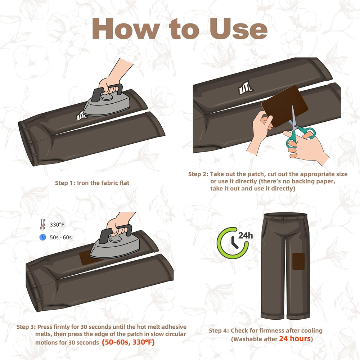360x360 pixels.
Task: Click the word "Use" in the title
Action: pyautogui.click(x=238, y=28)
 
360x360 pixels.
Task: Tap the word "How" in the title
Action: pyautogui.click(x=126, y=28)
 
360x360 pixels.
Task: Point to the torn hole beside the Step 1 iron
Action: pyautogui.click(x=81, y=116)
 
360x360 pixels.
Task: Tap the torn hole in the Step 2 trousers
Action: pyautogui.click(x=245, y=88)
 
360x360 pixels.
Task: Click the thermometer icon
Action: pyautogui.click(x=42, y=224)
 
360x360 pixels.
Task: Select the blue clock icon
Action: pyautogui.click(x=43, y=237)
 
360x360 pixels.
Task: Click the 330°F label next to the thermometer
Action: pyautogui.click(x=57, y=225)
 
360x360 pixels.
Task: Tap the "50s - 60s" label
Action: pyautogui.click(x=60, y=237)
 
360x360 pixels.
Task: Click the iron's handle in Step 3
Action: pyautogui.click(x=116, y=233)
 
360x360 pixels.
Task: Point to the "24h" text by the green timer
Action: pyautogui.click(x=246, y=235)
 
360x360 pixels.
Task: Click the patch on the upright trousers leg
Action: pyautogui.click(x=298, y=261)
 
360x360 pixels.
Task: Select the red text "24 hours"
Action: pyautogui.click(x=295, y=338)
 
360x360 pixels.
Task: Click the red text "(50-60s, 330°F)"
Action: pyautogui.click(x=128, y=342)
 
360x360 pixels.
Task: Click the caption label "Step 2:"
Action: pyautogui.click(x=198, y=174)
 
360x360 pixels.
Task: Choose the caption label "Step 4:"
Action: pyautogui.click(x=219, y=330)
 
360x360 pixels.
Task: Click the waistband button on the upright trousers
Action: pyautogui.click(x=285, y=219)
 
